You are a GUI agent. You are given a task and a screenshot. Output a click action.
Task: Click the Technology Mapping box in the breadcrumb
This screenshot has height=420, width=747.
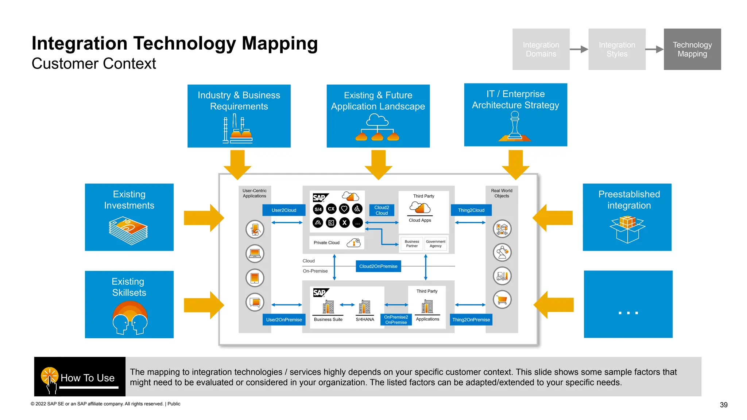coord(692,49)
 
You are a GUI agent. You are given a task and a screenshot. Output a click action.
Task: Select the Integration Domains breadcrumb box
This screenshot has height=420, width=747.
coord(541,49)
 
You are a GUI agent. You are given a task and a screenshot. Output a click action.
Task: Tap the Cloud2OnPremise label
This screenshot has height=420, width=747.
coord(378,266)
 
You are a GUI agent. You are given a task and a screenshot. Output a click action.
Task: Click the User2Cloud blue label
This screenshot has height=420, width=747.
coord(284,210)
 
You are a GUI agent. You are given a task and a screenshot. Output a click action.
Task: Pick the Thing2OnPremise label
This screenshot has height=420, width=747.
coord(471,319)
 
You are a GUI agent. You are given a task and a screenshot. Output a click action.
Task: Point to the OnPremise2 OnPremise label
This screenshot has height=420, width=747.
coord(396,319)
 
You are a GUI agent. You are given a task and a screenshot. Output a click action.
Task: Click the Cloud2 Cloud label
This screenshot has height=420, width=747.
coord(382,210)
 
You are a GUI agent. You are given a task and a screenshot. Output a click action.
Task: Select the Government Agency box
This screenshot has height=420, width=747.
coord(436,244)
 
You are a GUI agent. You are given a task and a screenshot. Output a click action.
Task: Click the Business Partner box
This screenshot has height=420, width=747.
coord(412,244)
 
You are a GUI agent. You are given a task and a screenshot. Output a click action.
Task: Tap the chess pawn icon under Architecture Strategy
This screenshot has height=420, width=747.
coord(515,126)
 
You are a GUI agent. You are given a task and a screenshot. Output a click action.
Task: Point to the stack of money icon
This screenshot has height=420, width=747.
coord(128,230)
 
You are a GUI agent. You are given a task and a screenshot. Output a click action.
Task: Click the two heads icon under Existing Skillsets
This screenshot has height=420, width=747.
coord(130,318)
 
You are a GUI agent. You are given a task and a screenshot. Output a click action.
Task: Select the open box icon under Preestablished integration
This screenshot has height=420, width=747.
coord(627,229)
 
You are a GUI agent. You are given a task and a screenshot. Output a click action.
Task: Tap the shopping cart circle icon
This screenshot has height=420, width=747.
coord(502,299)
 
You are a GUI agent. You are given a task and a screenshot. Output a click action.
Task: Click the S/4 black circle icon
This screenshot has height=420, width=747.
coord(318,209)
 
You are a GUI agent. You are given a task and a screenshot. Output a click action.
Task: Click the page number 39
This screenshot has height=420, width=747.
coord(723,405)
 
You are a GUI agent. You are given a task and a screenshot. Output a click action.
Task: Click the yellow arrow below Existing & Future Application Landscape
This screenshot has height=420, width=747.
coord(378,164)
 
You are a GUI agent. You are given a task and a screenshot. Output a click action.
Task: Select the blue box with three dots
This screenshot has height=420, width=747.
coord(628,304)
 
